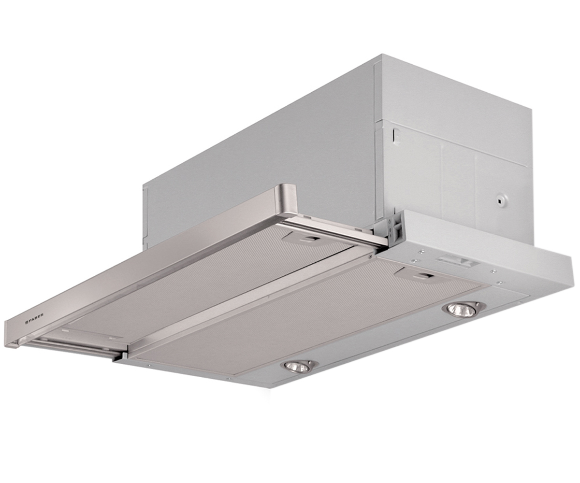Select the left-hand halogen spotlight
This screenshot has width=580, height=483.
(300, 367)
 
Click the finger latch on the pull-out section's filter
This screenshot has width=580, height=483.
(311, 238)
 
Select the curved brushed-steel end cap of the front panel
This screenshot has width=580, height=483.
(285, 199)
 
